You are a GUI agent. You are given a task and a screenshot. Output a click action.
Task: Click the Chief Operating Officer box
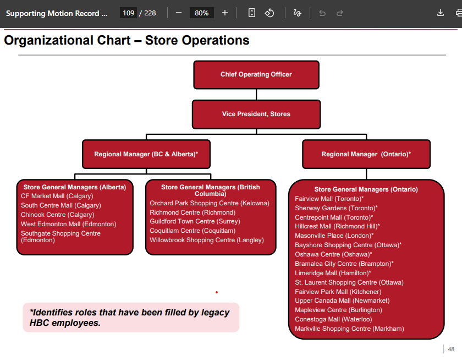(x=256, y=75)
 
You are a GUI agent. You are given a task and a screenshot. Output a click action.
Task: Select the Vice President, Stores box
(x=256, y=114)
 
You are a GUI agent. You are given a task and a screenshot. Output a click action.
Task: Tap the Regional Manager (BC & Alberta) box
(x=146, y=154)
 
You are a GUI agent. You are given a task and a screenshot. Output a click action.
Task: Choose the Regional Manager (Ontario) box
(x=366, y=154)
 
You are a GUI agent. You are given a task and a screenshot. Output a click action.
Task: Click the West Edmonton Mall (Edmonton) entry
(x=69, y=224)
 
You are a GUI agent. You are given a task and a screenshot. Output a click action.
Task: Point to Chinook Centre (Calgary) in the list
(x=58, y=215)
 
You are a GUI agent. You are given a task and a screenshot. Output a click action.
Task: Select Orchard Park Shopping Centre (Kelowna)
(x=210, y=203)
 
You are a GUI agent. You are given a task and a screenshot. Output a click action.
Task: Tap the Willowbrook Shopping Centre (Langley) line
(x=207, y=240)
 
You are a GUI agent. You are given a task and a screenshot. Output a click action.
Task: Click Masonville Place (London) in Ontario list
(x=334, y=236)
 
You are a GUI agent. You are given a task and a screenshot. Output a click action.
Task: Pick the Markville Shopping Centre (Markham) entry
(x=349, y=329)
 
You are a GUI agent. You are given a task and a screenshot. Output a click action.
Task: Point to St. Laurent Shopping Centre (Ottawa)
(x=349, y=282)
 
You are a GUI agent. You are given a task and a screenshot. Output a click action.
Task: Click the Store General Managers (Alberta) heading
(x=75, y=187)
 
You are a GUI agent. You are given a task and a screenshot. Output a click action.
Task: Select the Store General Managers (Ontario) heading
(x=366, y=189)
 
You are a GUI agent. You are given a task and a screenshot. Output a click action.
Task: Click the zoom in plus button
(x=225, y=13)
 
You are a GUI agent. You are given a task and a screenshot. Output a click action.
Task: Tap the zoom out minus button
(x=179, y=13)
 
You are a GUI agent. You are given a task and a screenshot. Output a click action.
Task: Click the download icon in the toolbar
(x=441, y=13)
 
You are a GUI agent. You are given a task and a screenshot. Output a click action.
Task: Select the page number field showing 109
(x=128, y=13)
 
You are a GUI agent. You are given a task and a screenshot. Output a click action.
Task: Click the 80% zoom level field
(x=202, y=13)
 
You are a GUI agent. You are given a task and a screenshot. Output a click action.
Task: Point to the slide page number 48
(x=451, y=349)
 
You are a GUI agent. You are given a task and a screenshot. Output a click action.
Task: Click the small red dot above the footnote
(x=217, y=292)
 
